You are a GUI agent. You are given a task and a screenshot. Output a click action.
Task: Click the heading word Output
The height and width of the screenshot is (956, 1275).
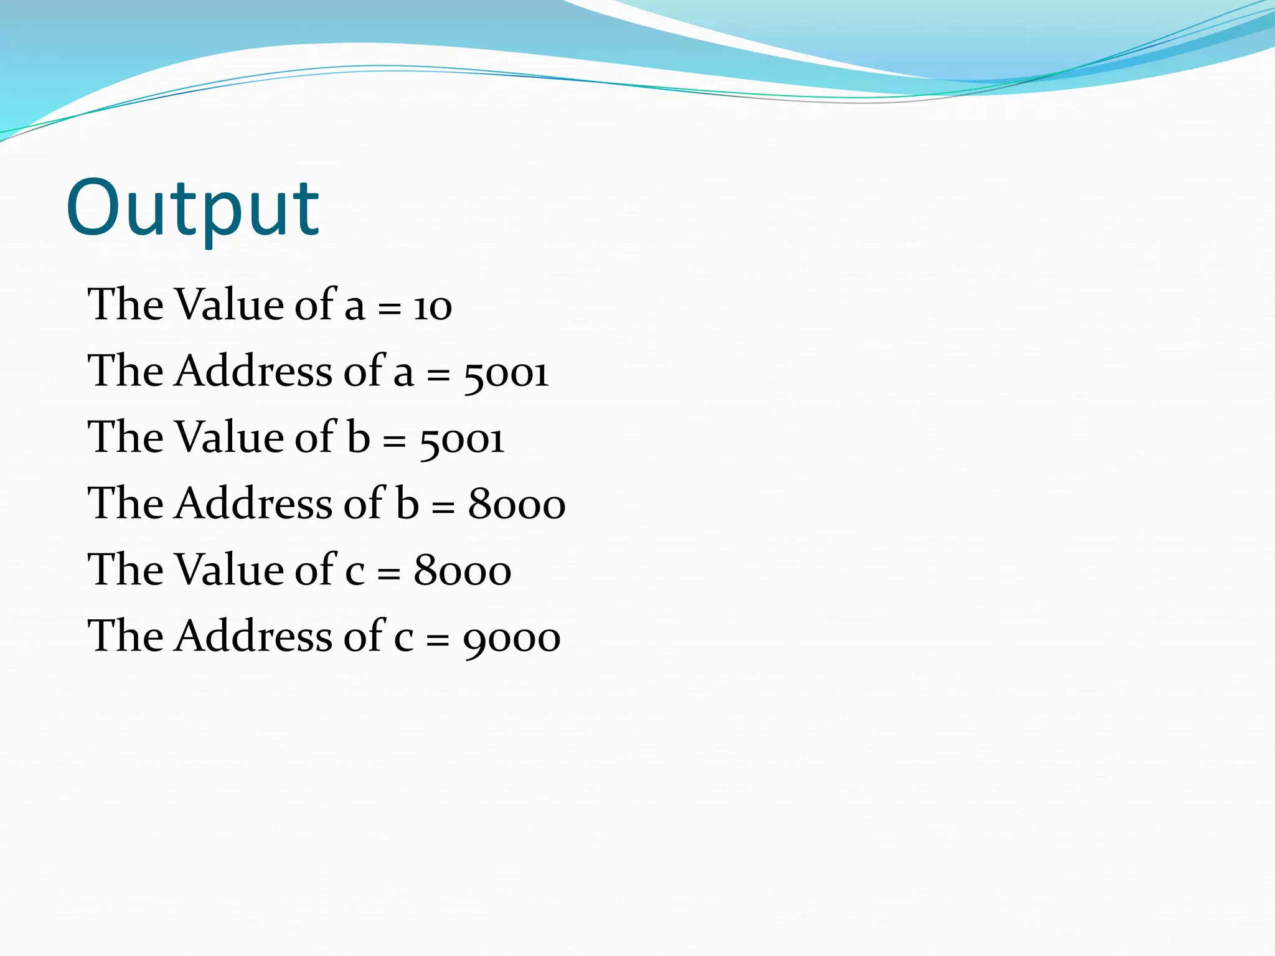tap(192, 209)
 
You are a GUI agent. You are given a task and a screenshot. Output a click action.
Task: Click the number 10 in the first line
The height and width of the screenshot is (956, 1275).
tap(433, 307)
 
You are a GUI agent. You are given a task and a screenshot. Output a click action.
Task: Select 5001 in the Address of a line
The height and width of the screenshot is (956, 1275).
tap(506, 373)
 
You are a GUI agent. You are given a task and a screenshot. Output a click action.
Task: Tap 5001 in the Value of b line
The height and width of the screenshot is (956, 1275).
tap(462, 439)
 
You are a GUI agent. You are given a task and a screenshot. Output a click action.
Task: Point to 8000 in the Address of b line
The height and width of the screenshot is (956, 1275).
tap(517, 505)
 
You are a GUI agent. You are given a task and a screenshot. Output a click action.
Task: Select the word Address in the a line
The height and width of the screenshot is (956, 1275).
tap(253, 372)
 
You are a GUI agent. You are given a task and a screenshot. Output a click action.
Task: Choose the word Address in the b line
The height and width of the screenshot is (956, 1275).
tap(253, 504)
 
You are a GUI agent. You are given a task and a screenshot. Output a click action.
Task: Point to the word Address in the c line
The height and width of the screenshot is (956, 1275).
tap(253, 636)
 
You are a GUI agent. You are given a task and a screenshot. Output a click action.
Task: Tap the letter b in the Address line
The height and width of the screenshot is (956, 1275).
tap(407, 504)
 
